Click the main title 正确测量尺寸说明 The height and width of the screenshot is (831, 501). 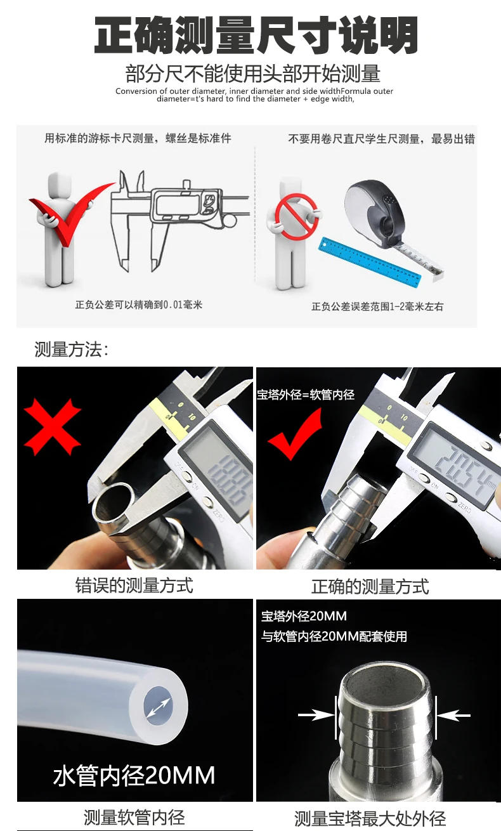256,35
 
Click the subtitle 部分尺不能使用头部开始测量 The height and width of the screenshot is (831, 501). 252,74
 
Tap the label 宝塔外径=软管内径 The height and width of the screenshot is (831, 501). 305,395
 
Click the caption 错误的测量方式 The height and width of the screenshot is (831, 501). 134,584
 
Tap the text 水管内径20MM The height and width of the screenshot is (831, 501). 134,775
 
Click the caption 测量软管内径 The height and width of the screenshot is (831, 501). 134,817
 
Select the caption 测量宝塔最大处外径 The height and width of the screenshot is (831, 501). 370,818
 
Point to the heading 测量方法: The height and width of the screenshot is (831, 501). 71,349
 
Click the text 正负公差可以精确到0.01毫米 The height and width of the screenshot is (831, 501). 138,304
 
